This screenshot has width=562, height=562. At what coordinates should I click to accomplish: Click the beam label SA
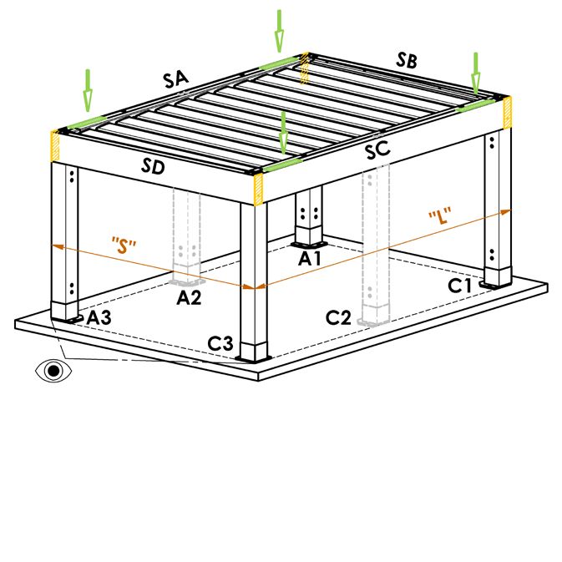(x=175, y=79)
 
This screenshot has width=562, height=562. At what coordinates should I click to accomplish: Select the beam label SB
(x=407, y=60)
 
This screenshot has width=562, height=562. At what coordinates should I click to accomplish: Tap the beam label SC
(x=377, y=149)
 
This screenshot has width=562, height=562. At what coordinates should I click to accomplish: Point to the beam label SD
(x=153, y=166)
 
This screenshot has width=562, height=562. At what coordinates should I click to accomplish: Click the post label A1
(x=310, y=258)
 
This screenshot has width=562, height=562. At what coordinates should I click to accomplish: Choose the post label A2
(x=189, y=297)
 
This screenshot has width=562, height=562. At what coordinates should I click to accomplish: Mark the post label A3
(x=99, y=317)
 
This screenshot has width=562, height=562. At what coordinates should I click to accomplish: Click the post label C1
(x=460, y=286)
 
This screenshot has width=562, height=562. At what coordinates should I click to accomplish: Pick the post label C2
(x=338, y=317)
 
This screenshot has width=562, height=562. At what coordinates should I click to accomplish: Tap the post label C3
(x=220, y=343)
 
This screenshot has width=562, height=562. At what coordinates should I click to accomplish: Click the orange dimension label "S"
(x=124, y=246)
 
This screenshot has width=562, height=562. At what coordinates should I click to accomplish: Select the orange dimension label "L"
(x=440, y=216)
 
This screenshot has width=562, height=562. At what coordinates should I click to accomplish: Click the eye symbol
(x=53, y=371)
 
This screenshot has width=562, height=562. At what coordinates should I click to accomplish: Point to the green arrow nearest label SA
(x=88, y=90)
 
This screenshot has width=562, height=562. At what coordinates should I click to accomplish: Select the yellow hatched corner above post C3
(x=258, y=190)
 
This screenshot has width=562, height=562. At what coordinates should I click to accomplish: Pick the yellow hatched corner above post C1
(x=507, y=112)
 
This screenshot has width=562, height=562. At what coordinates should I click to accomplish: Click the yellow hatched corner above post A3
(x=56, y=146)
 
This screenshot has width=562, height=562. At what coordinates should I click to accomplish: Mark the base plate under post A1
(x=309, y=246)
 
